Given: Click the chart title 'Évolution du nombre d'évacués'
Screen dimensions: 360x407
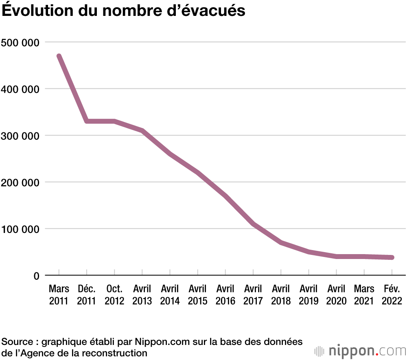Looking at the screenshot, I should click(x=123, y=11).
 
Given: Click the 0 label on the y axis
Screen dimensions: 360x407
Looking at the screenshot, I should click(x=36, y=276).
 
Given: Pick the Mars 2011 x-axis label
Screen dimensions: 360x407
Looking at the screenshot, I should click(x=59, y=295).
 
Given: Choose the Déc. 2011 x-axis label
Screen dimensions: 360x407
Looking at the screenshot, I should click(x=87, y=295).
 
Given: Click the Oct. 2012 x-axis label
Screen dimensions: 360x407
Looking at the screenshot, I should click(x=114, y=295).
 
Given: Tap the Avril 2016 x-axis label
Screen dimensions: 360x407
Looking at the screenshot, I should click(x=225, y=295).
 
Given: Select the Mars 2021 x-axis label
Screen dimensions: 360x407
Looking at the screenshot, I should click(x=364, y=295).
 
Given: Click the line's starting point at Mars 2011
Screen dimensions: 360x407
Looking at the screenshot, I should click(x=59, y=57).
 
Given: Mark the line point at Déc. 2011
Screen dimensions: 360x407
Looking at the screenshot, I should click(x=87, y=121).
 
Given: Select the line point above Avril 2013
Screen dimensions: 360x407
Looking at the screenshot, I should click(x=142, y=131).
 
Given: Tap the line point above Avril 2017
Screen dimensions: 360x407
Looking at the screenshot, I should click(x=253, y=224).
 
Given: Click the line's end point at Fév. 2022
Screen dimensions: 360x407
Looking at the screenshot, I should click(x=392, y=257).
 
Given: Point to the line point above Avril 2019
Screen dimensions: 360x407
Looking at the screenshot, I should click(x=309, y=252).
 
